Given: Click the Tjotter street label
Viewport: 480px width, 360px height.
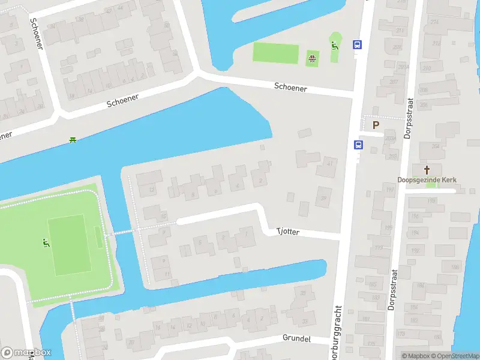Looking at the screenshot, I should point(287,231).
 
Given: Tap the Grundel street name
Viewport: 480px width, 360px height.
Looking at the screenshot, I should point(296,339).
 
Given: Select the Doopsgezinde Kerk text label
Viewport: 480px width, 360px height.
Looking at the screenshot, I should point(427,179).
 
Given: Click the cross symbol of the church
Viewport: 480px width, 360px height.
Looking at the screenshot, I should point(427,170).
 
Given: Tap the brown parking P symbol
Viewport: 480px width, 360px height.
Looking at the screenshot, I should point(376,125).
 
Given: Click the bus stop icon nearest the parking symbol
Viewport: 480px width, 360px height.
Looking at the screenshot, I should point(358,145).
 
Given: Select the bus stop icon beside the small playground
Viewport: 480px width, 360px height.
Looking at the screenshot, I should point(357,44).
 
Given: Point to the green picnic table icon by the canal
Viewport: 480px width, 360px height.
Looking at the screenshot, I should point(73,140).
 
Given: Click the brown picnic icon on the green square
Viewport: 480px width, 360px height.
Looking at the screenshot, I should point(312,58).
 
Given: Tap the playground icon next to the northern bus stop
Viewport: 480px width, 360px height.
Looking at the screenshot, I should point(335,44).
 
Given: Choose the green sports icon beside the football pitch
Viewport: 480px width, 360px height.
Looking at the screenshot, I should point(45,243).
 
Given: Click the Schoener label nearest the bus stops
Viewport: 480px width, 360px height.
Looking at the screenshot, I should point(290,88).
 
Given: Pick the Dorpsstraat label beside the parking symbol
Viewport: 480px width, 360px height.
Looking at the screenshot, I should point(410,119).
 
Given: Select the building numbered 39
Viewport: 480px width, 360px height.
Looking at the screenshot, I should point(323,199).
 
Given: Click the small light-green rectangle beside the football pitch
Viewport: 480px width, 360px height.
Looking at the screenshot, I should point(98,238).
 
